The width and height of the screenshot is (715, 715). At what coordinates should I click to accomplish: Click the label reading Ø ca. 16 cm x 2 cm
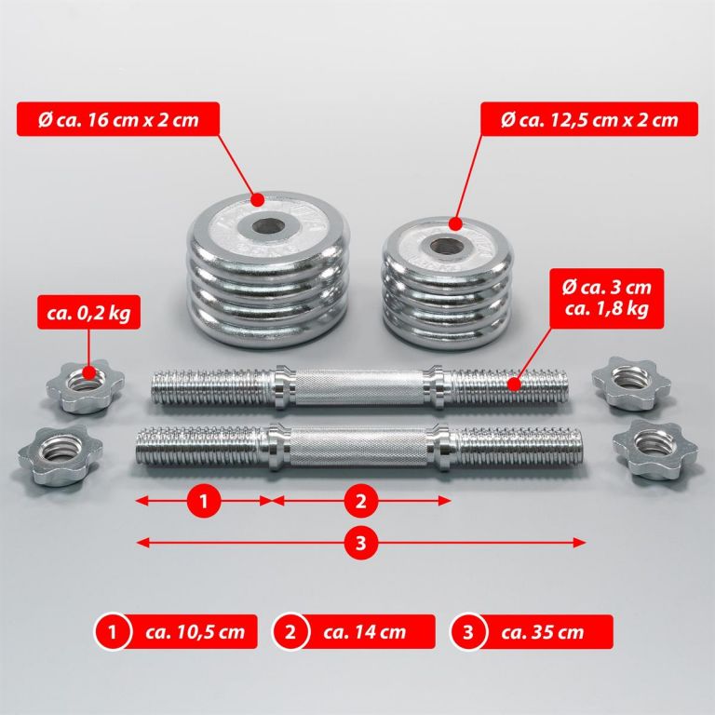click(118, 119)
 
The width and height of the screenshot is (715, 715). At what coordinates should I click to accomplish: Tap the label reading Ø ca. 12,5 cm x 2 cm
click(589, 119)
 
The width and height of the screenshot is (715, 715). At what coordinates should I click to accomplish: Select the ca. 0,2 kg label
click(89, 312)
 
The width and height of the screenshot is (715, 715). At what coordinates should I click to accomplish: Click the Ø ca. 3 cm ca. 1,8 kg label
click(606, 298)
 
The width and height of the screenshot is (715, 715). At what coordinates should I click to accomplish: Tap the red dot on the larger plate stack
click(258, 199)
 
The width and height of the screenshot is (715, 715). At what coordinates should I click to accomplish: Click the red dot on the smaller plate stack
click(455, 223)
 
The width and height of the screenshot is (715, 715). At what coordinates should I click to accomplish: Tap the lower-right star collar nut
click(654, 449)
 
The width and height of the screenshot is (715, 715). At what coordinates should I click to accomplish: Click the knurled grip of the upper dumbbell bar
click(359, 387)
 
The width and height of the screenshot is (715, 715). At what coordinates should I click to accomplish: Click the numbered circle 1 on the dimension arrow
click(203, 501)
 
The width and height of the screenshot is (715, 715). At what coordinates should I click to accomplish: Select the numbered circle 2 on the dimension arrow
click(360, 501)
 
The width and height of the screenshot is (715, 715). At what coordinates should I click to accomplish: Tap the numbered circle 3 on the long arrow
click(360, 543)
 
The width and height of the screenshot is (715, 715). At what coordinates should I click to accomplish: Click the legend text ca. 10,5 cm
click(196, 632)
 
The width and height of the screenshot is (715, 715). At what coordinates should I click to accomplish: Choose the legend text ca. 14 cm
click(364, 632)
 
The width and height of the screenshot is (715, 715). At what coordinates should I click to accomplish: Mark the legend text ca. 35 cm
click(542, 632)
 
